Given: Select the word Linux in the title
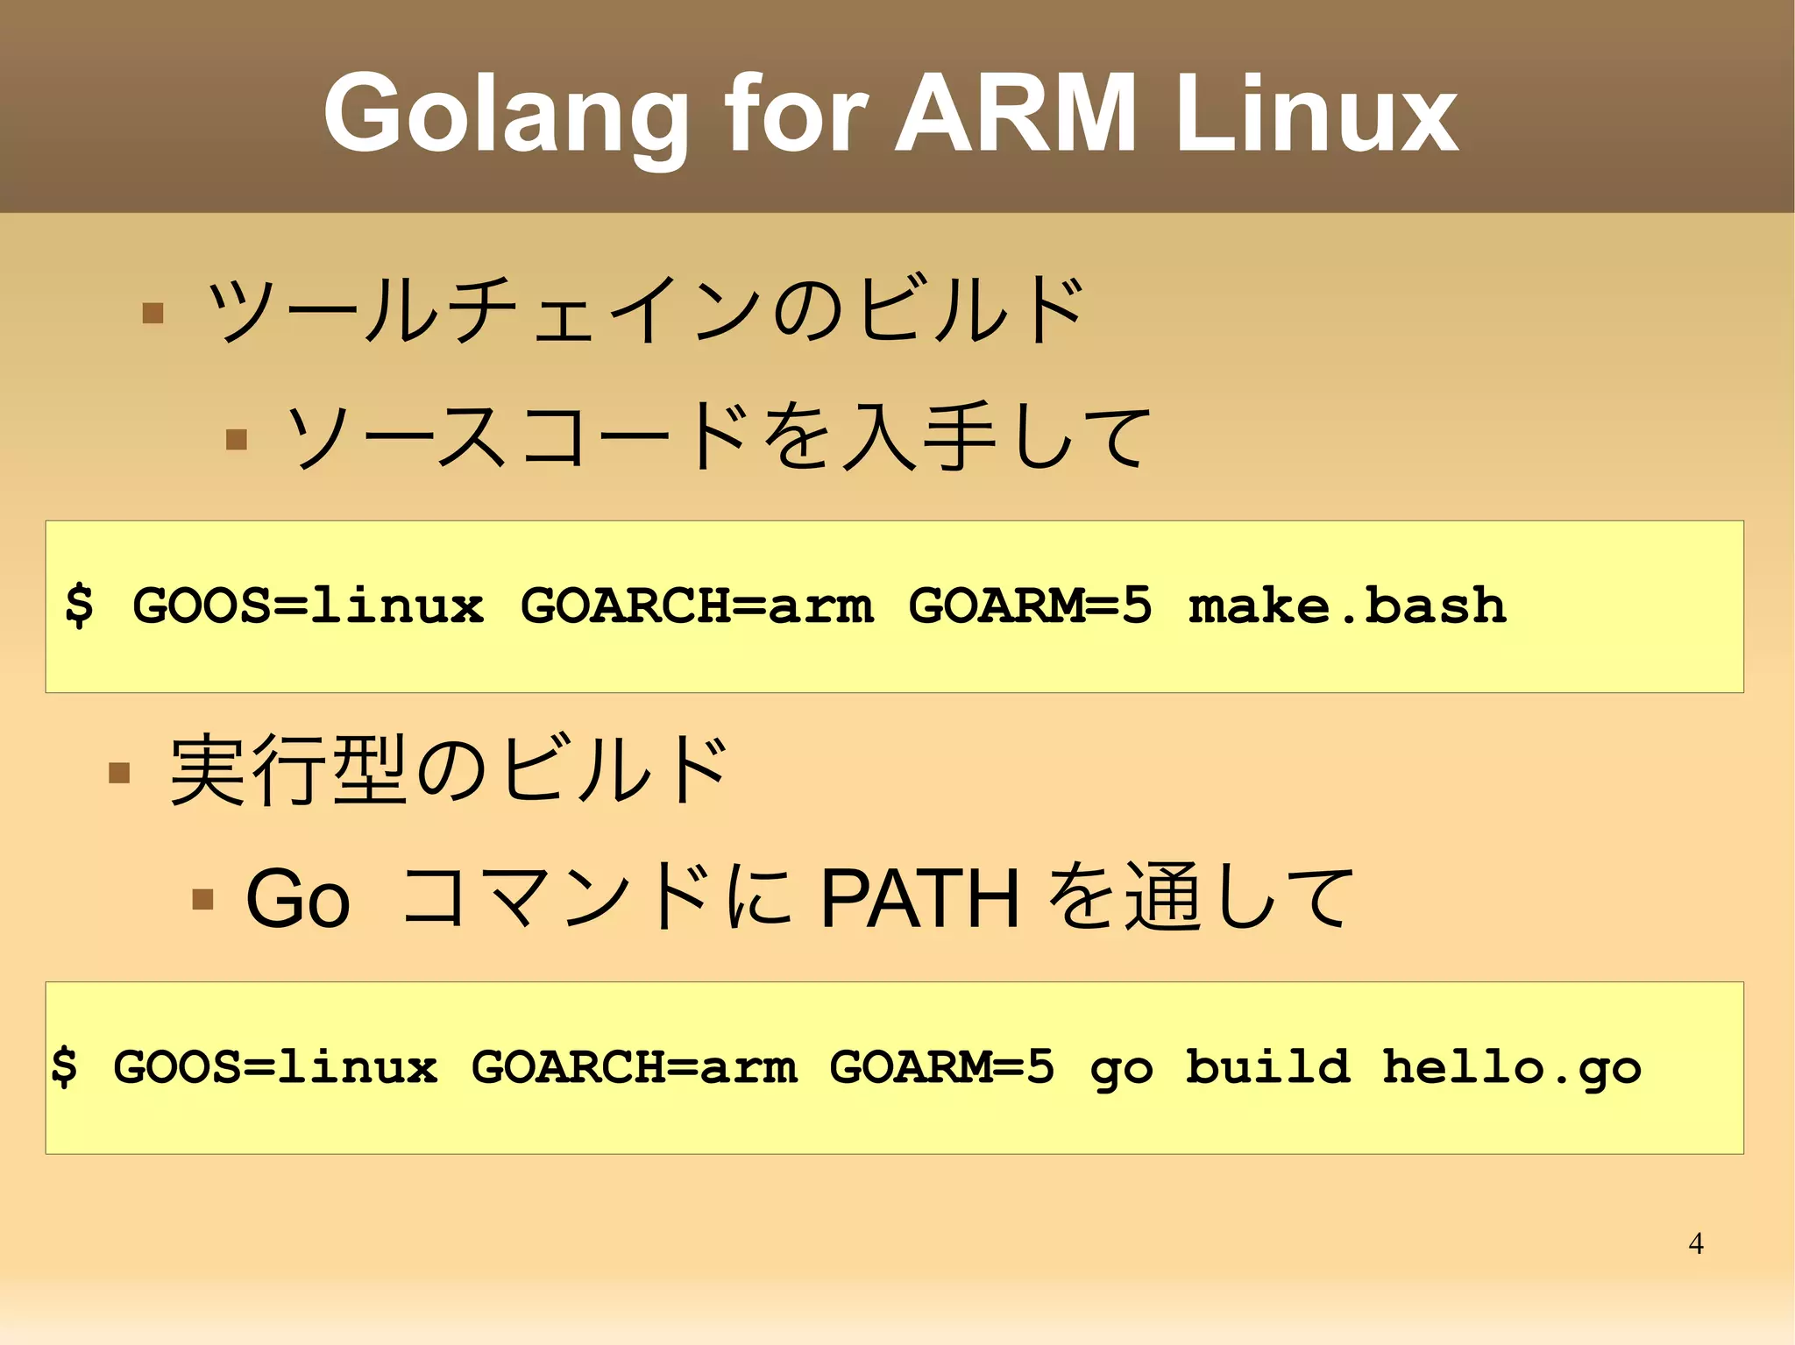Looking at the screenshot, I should click(1316, 114).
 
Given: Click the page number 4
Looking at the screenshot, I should click(1696, 1243).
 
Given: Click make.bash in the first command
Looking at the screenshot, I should click(1347, 605).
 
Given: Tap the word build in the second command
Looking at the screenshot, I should click(1267, 1066).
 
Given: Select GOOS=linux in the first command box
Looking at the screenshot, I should click(308, 605).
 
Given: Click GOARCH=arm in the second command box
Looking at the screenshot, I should click(635, 1067).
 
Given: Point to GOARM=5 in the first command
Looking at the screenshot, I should click(1030, 605).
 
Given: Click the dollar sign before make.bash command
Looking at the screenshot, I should click(79, 605).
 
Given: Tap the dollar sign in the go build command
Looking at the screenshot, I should click(64, 1067).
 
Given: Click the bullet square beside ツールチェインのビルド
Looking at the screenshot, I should click(153, 313).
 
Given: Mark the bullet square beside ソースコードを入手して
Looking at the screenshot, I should click(236, 438).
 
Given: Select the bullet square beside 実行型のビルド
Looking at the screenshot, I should click(119, 772).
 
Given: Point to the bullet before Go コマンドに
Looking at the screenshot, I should click(202, 899).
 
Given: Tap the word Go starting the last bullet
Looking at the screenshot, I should click(298, 899).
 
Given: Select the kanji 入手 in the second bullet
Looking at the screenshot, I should click(918, 437).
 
